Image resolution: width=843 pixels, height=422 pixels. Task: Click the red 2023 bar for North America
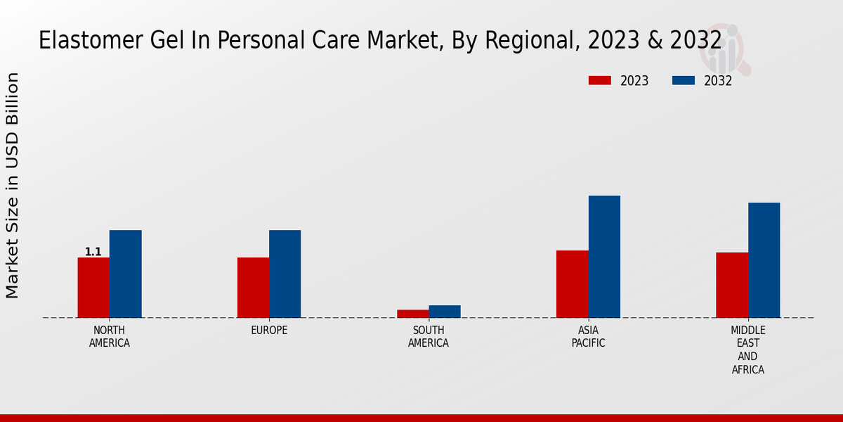pyautogui.click(x=93, y=288)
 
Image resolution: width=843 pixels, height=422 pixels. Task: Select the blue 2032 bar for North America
pyautogui.click(x=125, y=274)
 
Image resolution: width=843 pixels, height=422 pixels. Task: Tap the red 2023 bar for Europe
pyautogui.click(x=253, y=288)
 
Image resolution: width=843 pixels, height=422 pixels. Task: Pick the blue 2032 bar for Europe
pyautogui.click(x=285, y=274)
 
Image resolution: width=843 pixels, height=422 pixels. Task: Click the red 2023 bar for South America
pyautogui.click(x=412, y=314)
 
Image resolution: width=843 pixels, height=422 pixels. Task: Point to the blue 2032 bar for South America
pyautogui.click(x=445, y=312)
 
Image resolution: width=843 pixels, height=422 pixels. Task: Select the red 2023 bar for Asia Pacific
pyautogui.click(x=572, y=284)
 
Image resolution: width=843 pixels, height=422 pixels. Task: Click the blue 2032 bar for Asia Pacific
pyautogui.click(x=604, y=257)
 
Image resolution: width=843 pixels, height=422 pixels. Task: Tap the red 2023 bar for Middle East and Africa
pyautogui.click(x=732, y=285)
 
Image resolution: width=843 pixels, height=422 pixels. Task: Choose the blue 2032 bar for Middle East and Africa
pyautogui.click(x=764, y=260)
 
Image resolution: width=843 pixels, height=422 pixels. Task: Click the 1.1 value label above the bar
pyautogui.click(x=93, y=252)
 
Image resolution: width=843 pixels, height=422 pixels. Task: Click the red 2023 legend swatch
pyautogui.click(x=599, y=81)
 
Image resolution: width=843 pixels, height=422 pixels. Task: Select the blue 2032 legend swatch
pyautogui.click(x=683, y=81)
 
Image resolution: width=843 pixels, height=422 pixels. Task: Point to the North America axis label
pyautogui.click(x=110, y=337)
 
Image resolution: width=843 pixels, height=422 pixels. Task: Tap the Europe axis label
pyautogui.click(x=269, y=331)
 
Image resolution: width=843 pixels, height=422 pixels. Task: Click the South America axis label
pyautogui.click(x=429, y=337)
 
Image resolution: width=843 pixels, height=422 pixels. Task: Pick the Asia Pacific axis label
pyautogui.click(x=588, y=337)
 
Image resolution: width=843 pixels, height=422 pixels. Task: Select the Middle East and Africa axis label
pyautogui.click(x=748, y=350)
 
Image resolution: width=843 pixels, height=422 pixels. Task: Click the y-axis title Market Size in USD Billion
pyautogui.click(x=13, y=185)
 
